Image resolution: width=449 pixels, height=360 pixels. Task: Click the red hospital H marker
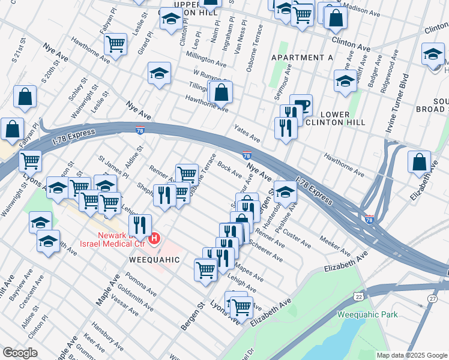[x=154, y=239]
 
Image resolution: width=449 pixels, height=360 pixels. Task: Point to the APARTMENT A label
[x=302, y=58]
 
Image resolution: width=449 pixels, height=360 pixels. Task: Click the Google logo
[x=20, y=353]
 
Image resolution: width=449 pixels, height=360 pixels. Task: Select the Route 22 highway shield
[x=358, y=297]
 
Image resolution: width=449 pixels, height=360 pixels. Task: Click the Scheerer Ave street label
[x=265, y=252]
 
